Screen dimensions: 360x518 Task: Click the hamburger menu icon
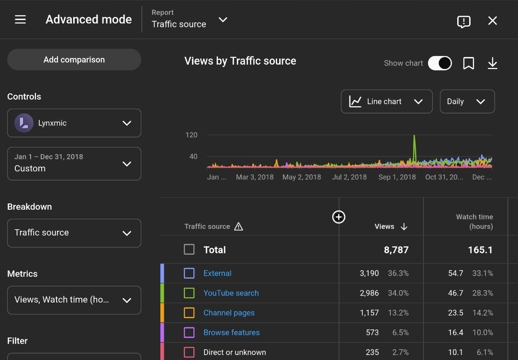[x=20, y=20]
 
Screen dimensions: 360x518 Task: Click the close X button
[x=493, y=21]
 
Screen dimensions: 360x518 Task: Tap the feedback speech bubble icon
[x=463, y=22]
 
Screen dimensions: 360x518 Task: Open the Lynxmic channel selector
[x=74, y=123]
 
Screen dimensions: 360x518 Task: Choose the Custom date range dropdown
[x=74, y=164]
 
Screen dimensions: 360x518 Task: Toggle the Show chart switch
[x=440, y=63]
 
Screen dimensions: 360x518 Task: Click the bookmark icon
[x=469, y=63]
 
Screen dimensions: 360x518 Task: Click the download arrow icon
[x=493, y=63]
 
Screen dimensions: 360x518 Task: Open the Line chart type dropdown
[x=386, y=101]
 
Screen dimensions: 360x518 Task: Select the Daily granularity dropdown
[x=467, y=101]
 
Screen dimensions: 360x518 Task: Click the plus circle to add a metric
[x=338, y=217]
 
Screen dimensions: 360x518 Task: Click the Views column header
[x=385, y=226]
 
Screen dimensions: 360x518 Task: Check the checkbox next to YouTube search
[x=189, y=293]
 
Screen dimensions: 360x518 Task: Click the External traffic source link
[x=217, y=273]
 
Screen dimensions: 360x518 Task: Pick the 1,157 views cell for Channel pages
[x=369, y=313]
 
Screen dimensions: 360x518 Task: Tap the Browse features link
[x=231, y=332]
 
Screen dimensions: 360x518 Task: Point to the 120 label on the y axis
[x=191, y=135]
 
